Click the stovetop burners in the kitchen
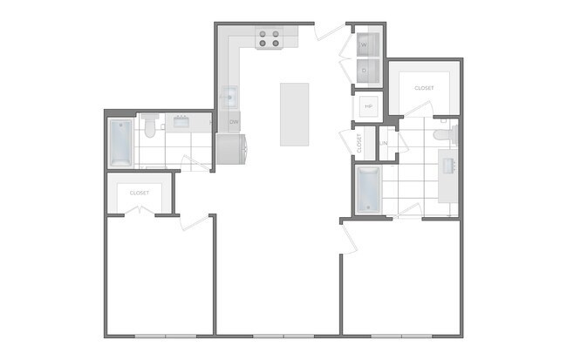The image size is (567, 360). click(269, 37)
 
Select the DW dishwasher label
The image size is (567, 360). click(234, 122)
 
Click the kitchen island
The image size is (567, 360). click(294, 114)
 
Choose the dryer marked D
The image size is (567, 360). click(365, 69)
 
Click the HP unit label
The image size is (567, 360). click(367, 105)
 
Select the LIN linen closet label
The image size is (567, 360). click(384, 142)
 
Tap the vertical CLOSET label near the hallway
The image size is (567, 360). click(359, 142)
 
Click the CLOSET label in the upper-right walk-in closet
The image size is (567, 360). click(424, 88)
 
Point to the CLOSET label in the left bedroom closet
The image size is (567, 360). click(139, 192)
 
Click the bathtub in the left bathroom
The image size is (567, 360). click(120, 143)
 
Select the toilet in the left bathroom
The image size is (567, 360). click(150, 127)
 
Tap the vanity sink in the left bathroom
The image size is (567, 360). click(183, 122)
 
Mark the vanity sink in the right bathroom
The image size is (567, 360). click(451, 163)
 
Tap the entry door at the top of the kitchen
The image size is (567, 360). click(330, 33)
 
